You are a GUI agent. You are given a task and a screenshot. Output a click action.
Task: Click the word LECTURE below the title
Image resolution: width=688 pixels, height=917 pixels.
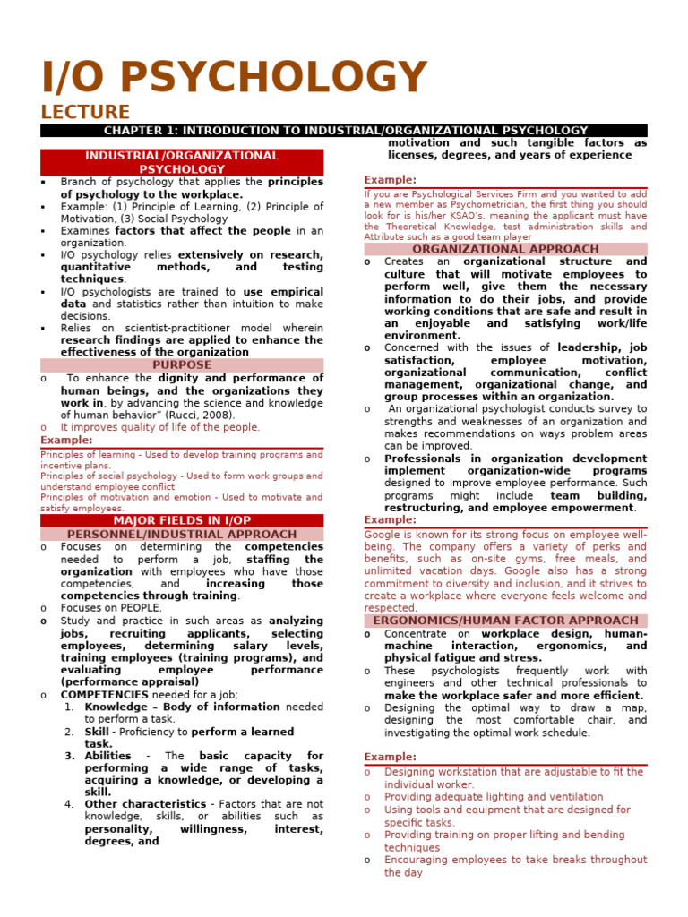point(85,112)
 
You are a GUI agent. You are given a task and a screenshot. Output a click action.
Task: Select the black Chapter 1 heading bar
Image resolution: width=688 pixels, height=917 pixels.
point(344,131)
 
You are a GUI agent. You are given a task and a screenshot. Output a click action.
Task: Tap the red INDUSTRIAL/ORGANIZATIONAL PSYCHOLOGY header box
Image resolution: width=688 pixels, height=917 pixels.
point(182,162)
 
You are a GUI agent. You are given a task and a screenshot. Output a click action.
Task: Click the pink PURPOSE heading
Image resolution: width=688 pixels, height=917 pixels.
point(182,365)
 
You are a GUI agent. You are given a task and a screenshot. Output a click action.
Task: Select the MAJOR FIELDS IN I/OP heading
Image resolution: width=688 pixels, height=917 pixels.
point(182,520)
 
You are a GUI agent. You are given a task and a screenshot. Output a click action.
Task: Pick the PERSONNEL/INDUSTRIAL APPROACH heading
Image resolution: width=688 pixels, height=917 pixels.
point(182,534)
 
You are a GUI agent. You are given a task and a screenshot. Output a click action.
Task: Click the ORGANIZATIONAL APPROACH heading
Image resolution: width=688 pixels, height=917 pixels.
point(505,249)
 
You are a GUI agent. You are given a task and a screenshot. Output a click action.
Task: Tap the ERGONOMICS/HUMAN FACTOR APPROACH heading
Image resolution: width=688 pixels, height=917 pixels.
point(505,621)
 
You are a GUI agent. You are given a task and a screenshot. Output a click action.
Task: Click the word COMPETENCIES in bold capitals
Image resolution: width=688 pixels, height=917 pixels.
point(104,694)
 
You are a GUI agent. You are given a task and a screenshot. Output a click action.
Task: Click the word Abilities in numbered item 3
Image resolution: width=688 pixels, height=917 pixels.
point(107,756)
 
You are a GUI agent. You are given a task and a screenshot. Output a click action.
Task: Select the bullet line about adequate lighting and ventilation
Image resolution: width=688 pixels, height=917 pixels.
point(494,797)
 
